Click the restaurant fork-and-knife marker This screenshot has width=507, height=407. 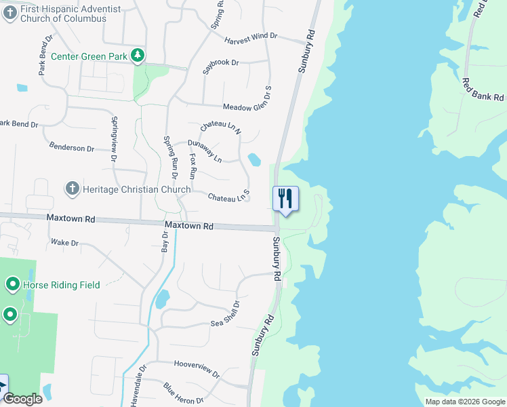[x=285, y=198]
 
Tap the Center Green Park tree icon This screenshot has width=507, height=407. [x=138, y=56]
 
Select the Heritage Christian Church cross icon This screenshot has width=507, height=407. [x=73, y=188]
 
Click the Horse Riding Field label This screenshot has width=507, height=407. [x=62, y=285]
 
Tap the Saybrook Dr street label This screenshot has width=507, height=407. [x=221, y=66]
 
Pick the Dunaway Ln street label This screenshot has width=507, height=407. [x=205, y=151]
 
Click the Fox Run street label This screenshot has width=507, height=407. [x=192, y=166]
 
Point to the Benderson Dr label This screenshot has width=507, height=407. [x=72, y=148]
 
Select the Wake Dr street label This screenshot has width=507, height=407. [x=65, y=242]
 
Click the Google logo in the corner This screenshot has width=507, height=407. [x=22, y=399]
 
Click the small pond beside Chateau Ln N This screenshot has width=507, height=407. [x=254, y=160]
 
